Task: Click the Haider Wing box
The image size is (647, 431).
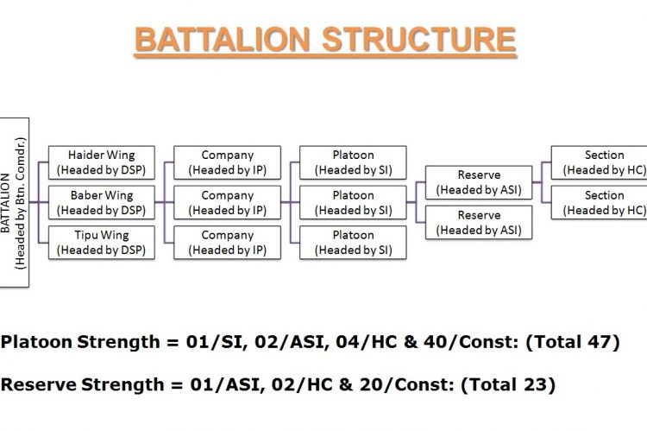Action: coord(102,162)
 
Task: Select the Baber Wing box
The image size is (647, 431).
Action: coord(102,202)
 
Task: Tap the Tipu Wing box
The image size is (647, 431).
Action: coord(102,243)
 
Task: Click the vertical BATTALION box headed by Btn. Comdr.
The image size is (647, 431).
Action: coord(14,202)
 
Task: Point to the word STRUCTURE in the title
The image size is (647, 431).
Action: coord(418,39)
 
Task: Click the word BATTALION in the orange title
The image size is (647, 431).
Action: coord(223,39)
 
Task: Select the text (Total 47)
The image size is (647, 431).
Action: coord(573,342)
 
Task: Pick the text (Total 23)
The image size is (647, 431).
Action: coord(508,384)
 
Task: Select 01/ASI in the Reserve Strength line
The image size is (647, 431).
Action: coord(228,384)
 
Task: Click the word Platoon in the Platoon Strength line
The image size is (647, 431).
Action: coord(37,342)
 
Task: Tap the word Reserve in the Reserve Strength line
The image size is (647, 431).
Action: coord(39,384)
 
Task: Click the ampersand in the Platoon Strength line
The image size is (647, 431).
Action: coord(410,342)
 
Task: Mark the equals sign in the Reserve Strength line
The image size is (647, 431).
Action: coord(177,385)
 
